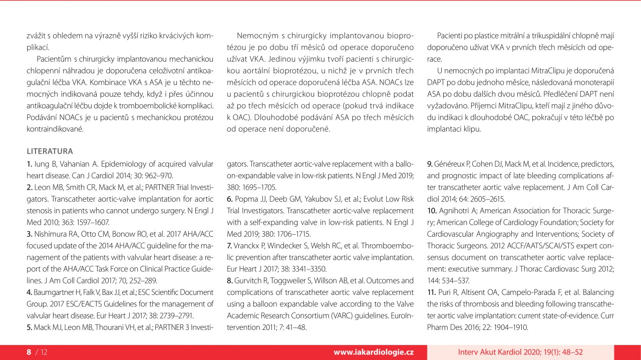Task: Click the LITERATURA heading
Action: pos(50,151)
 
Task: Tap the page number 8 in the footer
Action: pos(29,352)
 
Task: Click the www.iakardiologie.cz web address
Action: pos(374,352)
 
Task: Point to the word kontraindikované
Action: pos(56,129)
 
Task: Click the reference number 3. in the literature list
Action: pos(30,234)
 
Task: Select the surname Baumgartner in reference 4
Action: pos(55,292)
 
